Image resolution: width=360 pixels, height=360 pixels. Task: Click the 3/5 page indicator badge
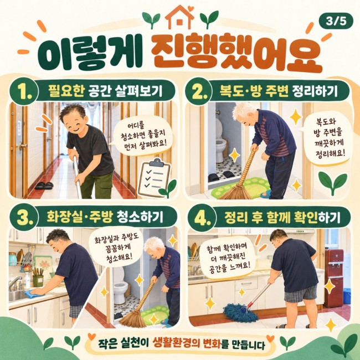[336, 21]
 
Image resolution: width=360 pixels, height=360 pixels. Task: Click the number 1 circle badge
[24, 91]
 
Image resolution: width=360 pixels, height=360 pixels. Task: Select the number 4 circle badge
[202, 218]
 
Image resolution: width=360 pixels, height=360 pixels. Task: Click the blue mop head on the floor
[240, 312]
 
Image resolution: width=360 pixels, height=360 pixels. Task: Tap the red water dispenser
[334, 278]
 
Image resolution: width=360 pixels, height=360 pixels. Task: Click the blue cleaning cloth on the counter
[34, 294]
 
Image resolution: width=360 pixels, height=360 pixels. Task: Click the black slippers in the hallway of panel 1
[44, 186]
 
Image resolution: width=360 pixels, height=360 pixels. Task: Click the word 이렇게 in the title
[90, 53]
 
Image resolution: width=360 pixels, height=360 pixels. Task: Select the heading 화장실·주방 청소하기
[105, 217]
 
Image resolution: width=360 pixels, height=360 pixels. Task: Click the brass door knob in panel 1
[23, 146]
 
